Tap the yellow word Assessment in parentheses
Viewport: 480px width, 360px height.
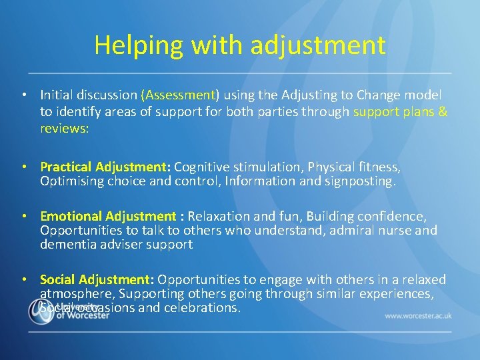[x=180, y=95]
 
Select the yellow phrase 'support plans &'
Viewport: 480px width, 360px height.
[x=401, y=111]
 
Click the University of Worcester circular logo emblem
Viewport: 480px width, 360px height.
[x=41, y=311]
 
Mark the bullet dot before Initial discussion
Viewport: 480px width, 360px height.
[x=23, y=96]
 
